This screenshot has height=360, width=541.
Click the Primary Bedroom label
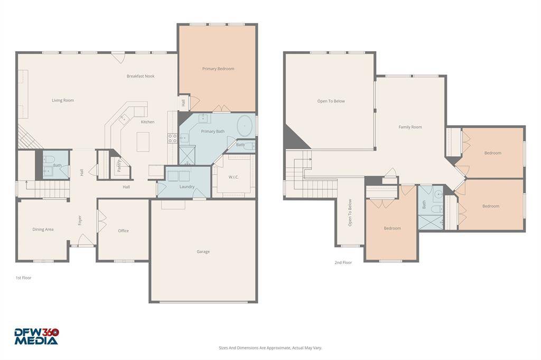(218, 69)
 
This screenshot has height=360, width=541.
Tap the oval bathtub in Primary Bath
(245, 126)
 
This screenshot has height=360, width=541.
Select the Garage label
(203, 252)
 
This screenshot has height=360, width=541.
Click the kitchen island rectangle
(143, 141)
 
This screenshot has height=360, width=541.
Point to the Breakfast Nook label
(141, 76)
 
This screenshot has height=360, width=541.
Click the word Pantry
(119, 166)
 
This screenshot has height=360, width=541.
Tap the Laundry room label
(187, 186)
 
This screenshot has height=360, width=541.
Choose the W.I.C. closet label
(233, 177)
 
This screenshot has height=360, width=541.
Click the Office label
(123, 231)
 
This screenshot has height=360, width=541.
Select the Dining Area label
(43, 229)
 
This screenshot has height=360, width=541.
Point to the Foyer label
(80, 220)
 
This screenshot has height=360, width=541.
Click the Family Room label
(410, 127)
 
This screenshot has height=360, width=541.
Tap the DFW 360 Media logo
(36, 337)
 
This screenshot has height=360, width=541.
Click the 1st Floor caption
(23, 278)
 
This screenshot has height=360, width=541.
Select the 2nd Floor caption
(343, 262)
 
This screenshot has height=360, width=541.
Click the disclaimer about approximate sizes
(270, 348)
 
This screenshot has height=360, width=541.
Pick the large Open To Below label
(331, 101)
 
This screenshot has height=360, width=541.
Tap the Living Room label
(63, 100)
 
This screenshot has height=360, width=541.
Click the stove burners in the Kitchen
(173, 138)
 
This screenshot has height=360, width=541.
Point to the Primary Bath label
(213, 131)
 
